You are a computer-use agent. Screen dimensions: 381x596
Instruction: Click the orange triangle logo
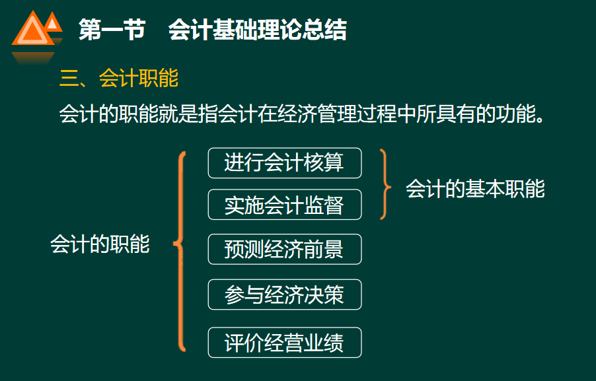tap(35, 32)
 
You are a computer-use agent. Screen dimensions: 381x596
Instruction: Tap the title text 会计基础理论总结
tap(257, 30)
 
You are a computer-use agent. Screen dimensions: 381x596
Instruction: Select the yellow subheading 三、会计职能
tap(119, 79)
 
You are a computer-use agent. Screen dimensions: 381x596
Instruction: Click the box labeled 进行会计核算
tap(284, 162)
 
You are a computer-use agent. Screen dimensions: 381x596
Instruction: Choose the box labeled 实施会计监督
tap(284, 205)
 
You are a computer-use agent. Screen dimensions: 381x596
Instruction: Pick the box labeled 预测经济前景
tap(284, 249)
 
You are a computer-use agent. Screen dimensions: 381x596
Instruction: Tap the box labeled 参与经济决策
tap(284, 294)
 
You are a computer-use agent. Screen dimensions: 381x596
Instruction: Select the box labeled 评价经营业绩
tap(284, 343)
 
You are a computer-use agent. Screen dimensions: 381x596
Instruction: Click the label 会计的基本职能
tap(475, 189)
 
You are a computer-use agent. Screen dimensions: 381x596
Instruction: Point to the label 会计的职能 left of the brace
tap(100, 244)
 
